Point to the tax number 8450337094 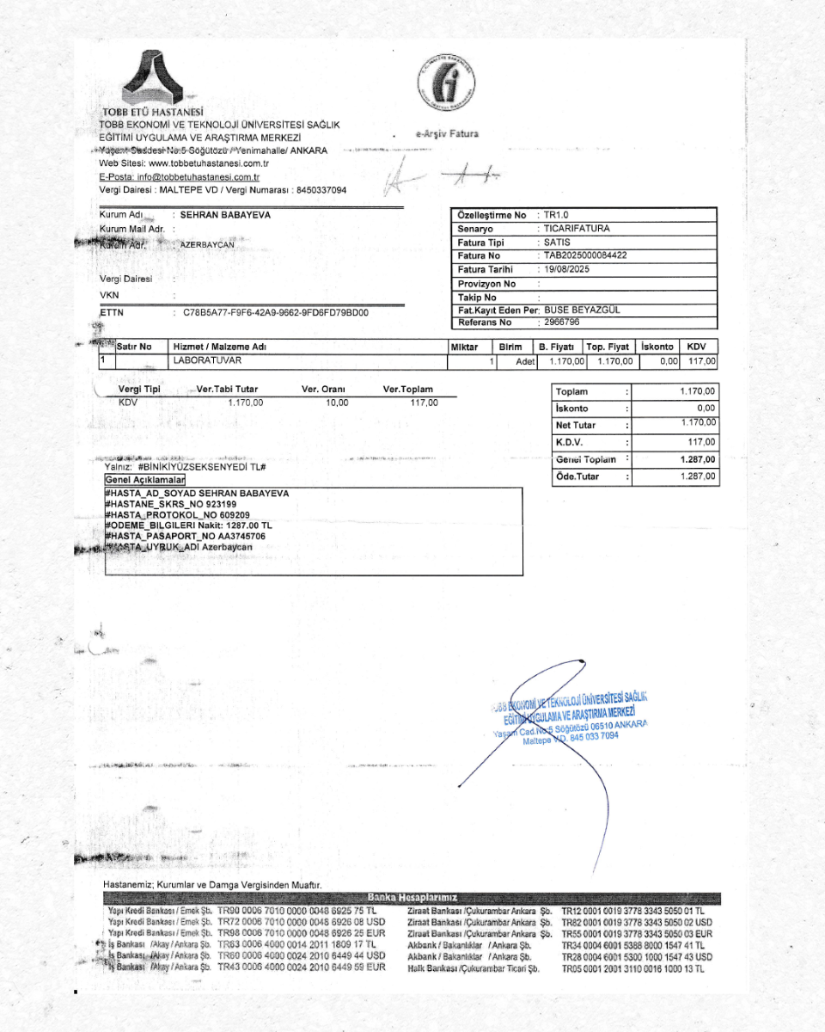click(321, 189)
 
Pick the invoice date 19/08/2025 click(566, 269)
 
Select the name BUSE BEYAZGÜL click(582, 310)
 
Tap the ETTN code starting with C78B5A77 click(276, 312)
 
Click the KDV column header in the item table click(697, 347)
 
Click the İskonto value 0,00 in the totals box click(706, 408)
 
